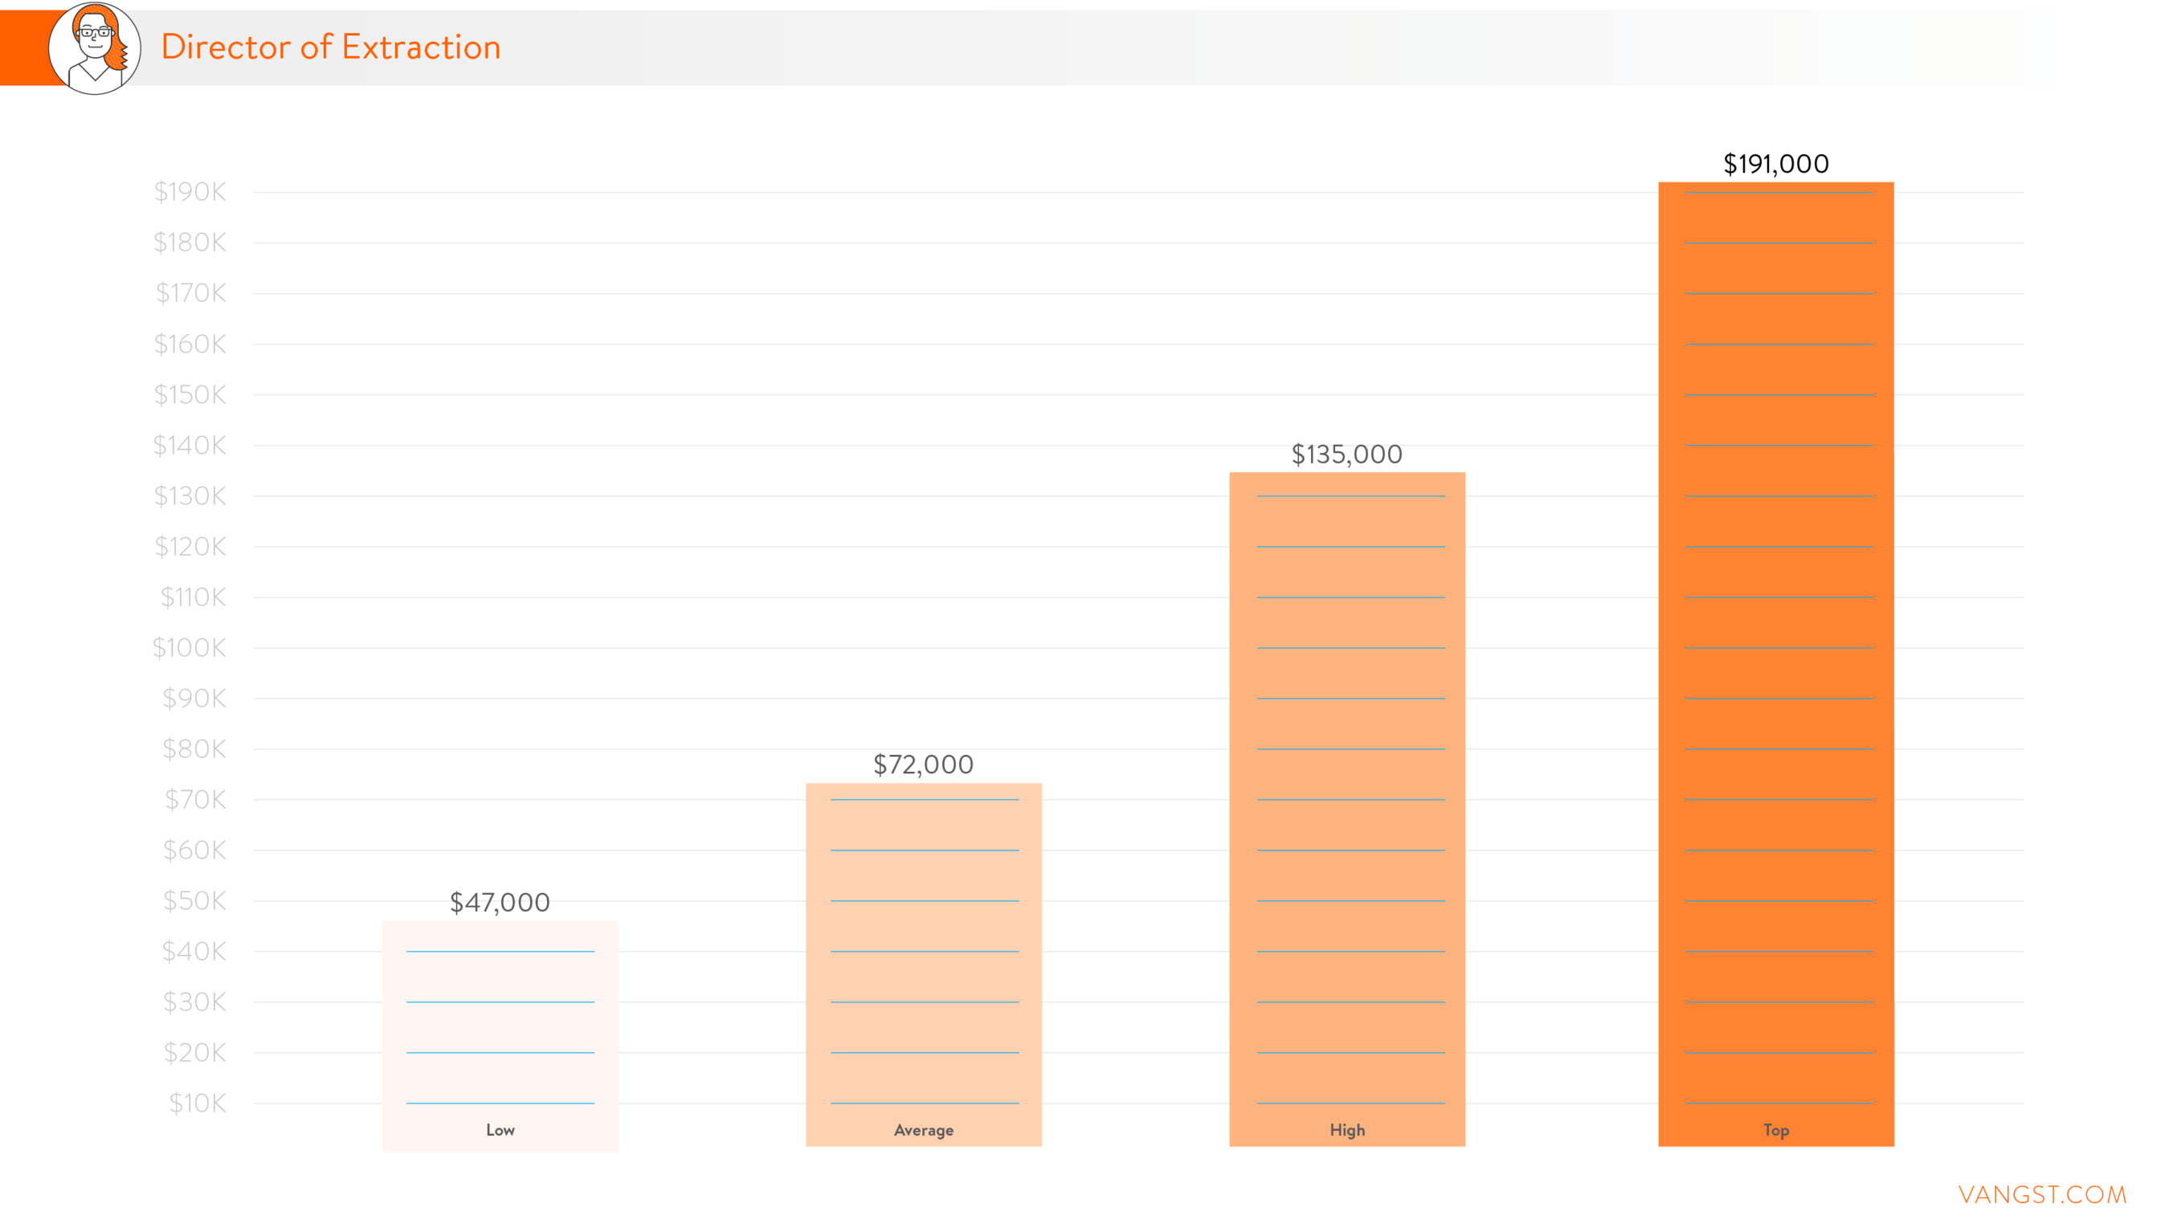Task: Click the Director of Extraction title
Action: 330,47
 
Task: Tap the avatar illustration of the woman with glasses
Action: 95,48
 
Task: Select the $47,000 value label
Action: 500,903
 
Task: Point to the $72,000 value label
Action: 923,765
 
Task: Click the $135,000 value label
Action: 1346,455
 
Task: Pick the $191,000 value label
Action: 1776,164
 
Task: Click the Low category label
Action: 500,1130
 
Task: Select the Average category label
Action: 924,1130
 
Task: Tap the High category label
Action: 1347,1130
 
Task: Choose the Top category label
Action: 1776,1130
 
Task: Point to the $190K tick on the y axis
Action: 190,192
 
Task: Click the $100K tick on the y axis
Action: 190,647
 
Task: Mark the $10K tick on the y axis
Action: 198,1103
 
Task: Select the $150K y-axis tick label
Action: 190,394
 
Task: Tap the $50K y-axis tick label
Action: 194,901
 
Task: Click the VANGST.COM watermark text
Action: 2042,1194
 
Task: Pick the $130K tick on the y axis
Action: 190,496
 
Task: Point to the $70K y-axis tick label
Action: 195,799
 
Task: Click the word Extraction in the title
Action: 421,47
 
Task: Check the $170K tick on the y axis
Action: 191,293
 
